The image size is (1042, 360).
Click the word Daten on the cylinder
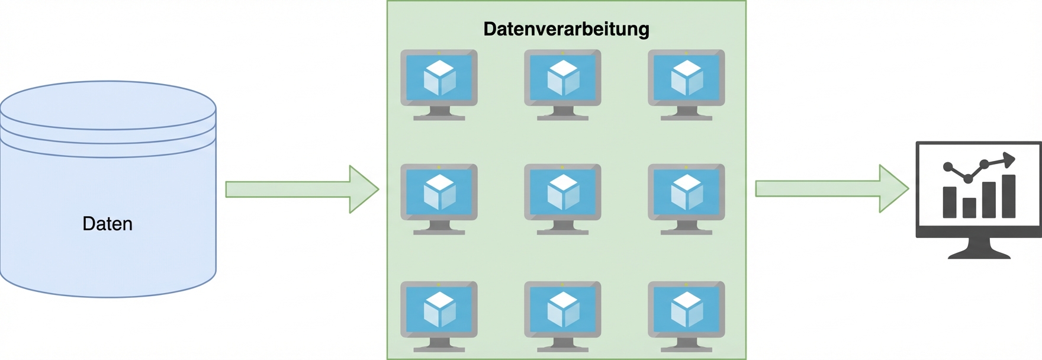click(x=107, y=224)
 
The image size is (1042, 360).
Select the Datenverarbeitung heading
click(x=566, y=29)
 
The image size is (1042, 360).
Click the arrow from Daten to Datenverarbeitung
click(x=301, y=189)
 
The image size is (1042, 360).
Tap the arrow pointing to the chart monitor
click(x=831, y=189)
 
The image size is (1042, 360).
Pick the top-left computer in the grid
click(x=439, y=84)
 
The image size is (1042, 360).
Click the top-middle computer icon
click(x=562, y=84)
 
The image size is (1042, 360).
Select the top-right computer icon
click(x=686, y=84)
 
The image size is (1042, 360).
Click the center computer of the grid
click(x=562, y=198)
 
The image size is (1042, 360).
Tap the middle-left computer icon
click(x=439, y=198)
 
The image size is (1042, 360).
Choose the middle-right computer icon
click(x=686, y=198)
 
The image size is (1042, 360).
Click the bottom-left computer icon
click(x=439, y=316)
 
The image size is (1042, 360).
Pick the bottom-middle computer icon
click(x=562, y=316)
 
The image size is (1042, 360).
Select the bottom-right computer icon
click(x=686, y=316)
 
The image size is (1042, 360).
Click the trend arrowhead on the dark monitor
click(x=1009, y=159)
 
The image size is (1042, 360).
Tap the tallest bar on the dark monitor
click(x=1009, y=196)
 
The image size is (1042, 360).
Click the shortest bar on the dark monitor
click(x=969, y=208)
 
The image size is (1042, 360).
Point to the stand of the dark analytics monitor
click(x=979, y=249)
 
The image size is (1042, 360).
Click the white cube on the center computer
click(x=562, y=192)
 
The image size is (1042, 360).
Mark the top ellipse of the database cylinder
click(x=108, y=105)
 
